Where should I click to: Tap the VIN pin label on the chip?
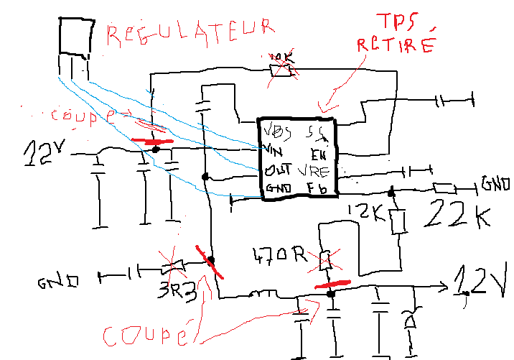(272, 150)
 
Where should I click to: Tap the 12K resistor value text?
(364, 212)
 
